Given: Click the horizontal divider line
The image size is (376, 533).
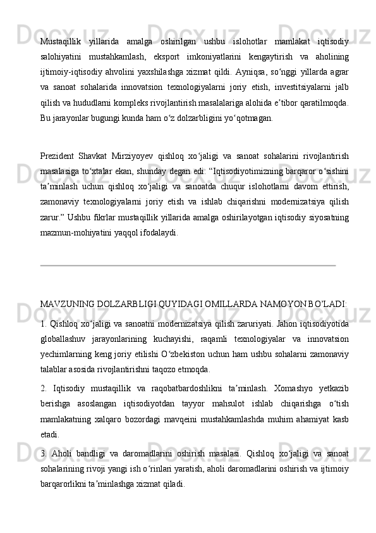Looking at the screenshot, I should [187, 266].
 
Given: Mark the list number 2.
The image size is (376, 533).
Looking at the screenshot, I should [43, 387].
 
